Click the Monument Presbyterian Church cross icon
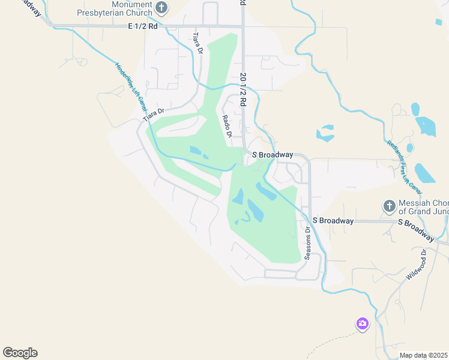click(x=161, y=8)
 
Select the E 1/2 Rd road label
click(x=143, y=26)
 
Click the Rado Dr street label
click(x=227, y=127)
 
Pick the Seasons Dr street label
click(x=308, y=242)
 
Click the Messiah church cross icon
click(x=389, y=206)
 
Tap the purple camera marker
click(x=362, y=324)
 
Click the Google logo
click(x=20, y=353)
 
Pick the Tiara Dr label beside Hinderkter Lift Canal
click(x=153, y=114)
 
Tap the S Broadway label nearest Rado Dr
click(x=273, y=155)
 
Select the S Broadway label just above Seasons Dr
click(x=333, y=221)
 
